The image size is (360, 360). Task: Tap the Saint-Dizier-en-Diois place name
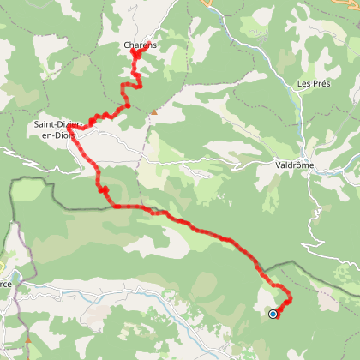tap(57, 129)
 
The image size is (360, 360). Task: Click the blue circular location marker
tap(273, 314)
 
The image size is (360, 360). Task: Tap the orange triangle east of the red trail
tap(154, 111)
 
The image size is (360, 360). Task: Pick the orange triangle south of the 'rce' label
tap(28, 340)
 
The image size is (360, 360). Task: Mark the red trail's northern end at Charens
tap(135, 54)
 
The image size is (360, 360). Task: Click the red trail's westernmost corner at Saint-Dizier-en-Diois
tap(69, 129)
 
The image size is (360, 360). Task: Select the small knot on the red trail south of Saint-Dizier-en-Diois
tap(102, 190)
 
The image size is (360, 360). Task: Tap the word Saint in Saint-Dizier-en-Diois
tap(44, 123)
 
